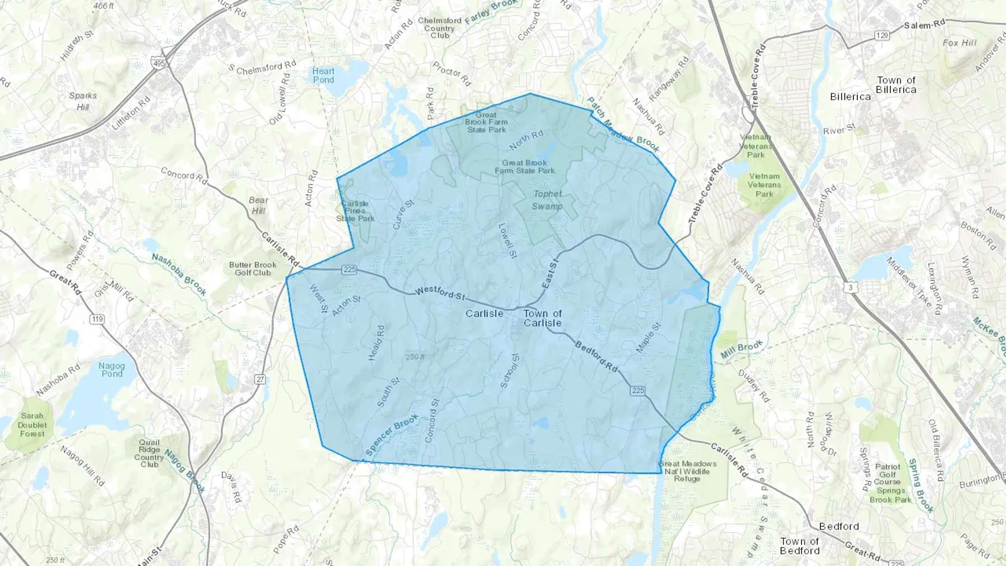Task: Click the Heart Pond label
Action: coord(323,75)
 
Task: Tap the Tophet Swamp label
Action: coord(547,200)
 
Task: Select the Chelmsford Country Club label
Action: coord(439,28)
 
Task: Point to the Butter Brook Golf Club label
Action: coord(253,269)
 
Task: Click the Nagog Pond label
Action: coord(112,369)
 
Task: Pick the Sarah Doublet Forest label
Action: coord(32,425)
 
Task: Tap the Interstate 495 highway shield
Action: coord(159,64)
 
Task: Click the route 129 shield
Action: coord(882,36)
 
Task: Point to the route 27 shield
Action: coord(260,379)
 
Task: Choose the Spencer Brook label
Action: coord(392,434)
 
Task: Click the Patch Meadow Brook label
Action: coord(623,125)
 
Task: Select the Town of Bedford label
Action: coord(800,546)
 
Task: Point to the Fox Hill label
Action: coord(959,43)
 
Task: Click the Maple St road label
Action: coord(648,337)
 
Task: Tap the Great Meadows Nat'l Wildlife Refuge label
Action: coord(687,471)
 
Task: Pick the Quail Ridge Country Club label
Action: coord(149,453)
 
